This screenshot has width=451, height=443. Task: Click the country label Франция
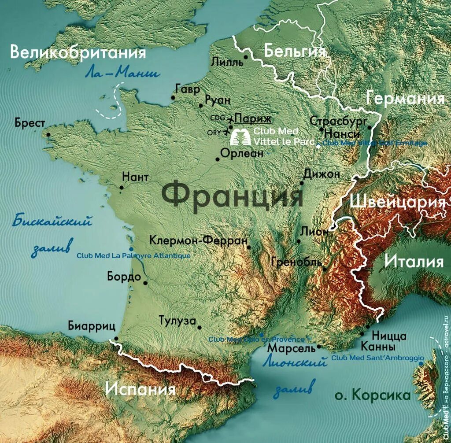tap(232, 195)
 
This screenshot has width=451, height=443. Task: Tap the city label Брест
tap(30, 122)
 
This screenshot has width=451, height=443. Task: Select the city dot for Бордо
tap(145, 278)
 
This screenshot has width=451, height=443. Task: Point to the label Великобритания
tap(78, 53)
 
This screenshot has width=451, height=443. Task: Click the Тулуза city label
tap(177, 321)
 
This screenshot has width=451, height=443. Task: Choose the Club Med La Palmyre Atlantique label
tap(133, 255)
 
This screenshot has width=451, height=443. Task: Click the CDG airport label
tap(218, 118)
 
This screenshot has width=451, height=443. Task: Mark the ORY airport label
tap(214, 132)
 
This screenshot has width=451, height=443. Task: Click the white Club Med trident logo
tap(240, 137)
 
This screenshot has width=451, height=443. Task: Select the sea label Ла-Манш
tap(122, 73)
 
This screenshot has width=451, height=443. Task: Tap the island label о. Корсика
tap(373, 395)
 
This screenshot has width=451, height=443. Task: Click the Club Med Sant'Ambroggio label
tap(377, 358)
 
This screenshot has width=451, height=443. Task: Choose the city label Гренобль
tap(297, 262)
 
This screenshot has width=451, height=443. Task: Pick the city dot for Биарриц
tap(116, 339)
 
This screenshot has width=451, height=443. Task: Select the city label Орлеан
tap(242, 153)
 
